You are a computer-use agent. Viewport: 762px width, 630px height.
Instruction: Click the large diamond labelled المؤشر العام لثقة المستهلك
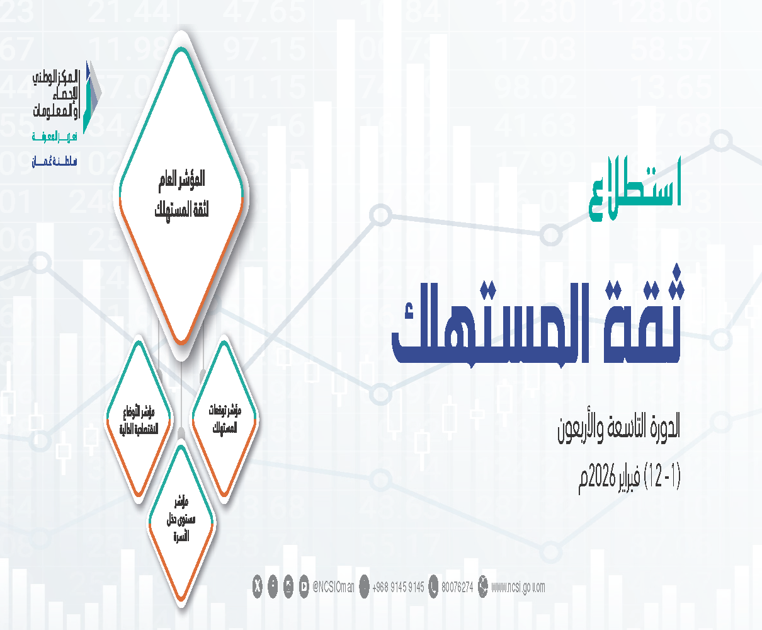[181, 195]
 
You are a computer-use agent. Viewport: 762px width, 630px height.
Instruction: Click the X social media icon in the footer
[257, 587]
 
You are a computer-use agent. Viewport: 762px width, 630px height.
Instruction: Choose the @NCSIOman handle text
[333, 587]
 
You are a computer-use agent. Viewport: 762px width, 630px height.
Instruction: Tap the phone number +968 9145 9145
[398, 587]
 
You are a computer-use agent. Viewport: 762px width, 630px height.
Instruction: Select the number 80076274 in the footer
[457, 587]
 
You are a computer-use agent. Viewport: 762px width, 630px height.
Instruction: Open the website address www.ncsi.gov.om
[518, 587]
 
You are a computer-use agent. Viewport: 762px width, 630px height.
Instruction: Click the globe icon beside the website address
[483, 587]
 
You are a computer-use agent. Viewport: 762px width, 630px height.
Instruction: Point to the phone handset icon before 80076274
[433, 587]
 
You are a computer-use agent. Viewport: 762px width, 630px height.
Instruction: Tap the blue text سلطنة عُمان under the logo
[55, 162]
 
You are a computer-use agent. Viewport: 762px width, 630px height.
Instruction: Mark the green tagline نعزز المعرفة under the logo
[55, 137]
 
